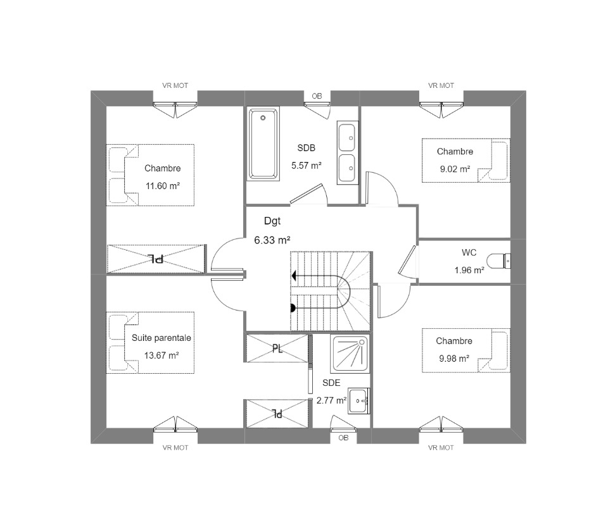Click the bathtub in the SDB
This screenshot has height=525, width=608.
pyautogui.click(x=263, y=144)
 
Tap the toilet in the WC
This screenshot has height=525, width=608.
pyautogui.click(x=498, y=261)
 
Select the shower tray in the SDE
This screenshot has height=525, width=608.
pyautogui.click(x=350, y=353)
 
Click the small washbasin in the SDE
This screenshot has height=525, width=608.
pyautogui.click(x=358, y=401)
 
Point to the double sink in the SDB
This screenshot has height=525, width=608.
pyautogui.click(x=346, y=152)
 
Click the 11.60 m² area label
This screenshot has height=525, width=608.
pyautogui.click(x=163, y=186)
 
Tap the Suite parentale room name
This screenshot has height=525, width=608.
pyautogui.click(x=161, y=338)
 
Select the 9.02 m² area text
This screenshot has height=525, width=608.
pyautogui.click(x=455, y=169)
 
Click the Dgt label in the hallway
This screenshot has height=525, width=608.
pyautogui.click(x=272, y=221)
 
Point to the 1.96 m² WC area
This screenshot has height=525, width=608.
pyautogui.click(x=469, y=270)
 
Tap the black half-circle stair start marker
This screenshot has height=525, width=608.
pyautogui.click(x=293, y=308)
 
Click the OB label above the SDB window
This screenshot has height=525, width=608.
pyautogui.click(x=317, y=96)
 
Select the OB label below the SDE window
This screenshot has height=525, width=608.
pyautogui.click(x=343, y=438)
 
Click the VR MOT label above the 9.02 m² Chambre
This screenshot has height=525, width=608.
pyautogui.click(x=441, y=85)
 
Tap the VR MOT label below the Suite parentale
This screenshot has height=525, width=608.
pyautogui.click(x=175, y=448)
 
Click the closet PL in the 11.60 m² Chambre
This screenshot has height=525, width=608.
pyautogui.click(x=156, y=259)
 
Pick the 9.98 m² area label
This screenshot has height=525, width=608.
pyautogui.click(x=454, y=359)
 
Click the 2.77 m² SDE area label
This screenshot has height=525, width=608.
pyautogui.click(x=331, y=400)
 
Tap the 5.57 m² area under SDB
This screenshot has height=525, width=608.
pyautogui.click(x=307, y=165)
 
